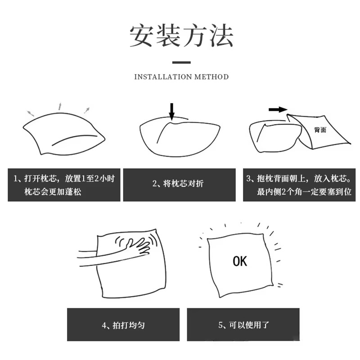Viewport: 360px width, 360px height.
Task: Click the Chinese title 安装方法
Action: coord(181,36)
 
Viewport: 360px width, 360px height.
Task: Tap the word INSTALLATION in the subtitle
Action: coord(163,76)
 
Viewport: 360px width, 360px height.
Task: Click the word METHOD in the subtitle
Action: coord(211,76)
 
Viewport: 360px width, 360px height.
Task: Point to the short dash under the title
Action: coord(181,62)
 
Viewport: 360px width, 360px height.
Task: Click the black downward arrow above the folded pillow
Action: coord(172,112)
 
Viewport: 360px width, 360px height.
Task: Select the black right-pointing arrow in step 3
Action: coord(278,109)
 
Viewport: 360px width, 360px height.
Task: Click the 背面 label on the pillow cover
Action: coord(320,130)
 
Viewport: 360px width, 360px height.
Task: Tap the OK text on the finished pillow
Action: coord(240,261)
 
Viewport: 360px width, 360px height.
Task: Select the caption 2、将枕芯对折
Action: coord(178,184)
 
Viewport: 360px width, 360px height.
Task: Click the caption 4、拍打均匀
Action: coord(123,325)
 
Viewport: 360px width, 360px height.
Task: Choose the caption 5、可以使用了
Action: coord(243,325)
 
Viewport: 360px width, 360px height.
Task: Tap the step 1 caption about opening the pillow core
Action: coord(64,185)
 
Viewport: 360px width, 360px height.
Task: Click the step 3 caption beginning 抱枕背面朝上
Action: coord(299,185)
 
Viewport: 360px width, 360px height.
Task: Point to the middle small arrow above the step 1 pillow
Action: coord(60,106)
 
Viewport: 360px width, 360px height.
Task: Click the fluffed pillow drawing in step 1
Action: coord(64,134)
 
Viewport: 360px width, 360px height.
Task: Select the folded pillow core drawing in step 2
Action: coord(180,137)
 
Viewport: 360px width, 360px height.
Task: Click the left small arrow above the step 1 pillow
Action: coord(30,113)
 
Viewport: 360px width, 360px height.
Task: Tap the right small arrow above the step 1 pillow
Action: coord(87,110)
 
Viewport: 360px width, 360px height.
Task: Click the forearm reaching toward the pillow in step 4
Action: coord(103,257)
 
